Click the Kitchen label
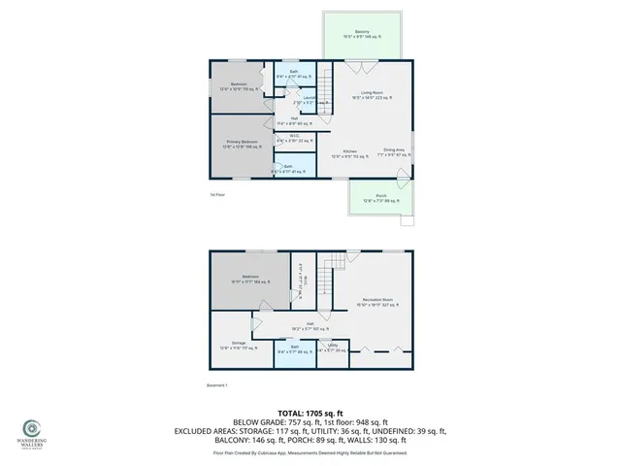[x=349, y=153]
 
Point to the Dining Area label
[x=393, y=151]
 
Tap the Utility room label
[x=332, y=348]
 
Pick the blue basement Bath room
[x=293, y=348]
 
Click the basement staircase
[x=335, y=264]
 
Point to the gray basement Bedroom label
[x=249, y=278]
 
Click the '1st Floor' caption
[x=216, y=195]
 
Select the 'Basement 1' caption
[x=217, y=385]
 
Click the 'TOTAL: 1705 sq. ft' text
[x=310, y=412]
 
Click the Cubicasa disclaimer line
[x=310, y=452]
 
